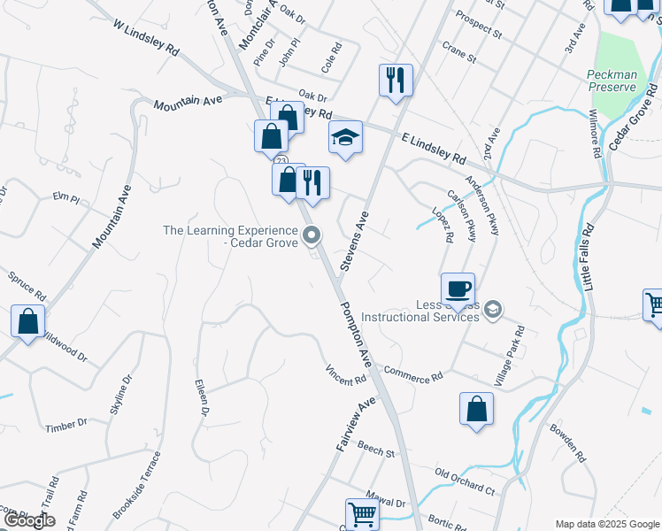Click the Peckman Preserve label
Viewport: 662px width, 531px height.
612,81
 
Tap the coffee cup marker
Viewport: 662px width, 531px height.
458,289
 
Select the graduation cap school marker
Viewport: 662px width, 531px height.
346,138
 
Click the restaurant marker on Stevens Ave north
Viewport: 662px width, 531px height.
396,81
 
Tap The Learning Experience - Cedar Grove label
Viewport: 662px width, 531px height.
231,236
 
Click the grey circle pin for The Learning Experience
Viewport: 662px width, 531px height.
311,235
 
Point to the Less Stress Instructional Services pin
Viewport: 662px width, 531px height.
493,309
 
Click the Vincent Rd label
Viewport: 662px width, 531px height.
345,375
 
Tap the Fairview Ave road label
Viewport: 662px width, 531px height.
356,425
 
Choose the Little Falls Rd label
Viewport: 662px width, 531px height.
589,257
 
